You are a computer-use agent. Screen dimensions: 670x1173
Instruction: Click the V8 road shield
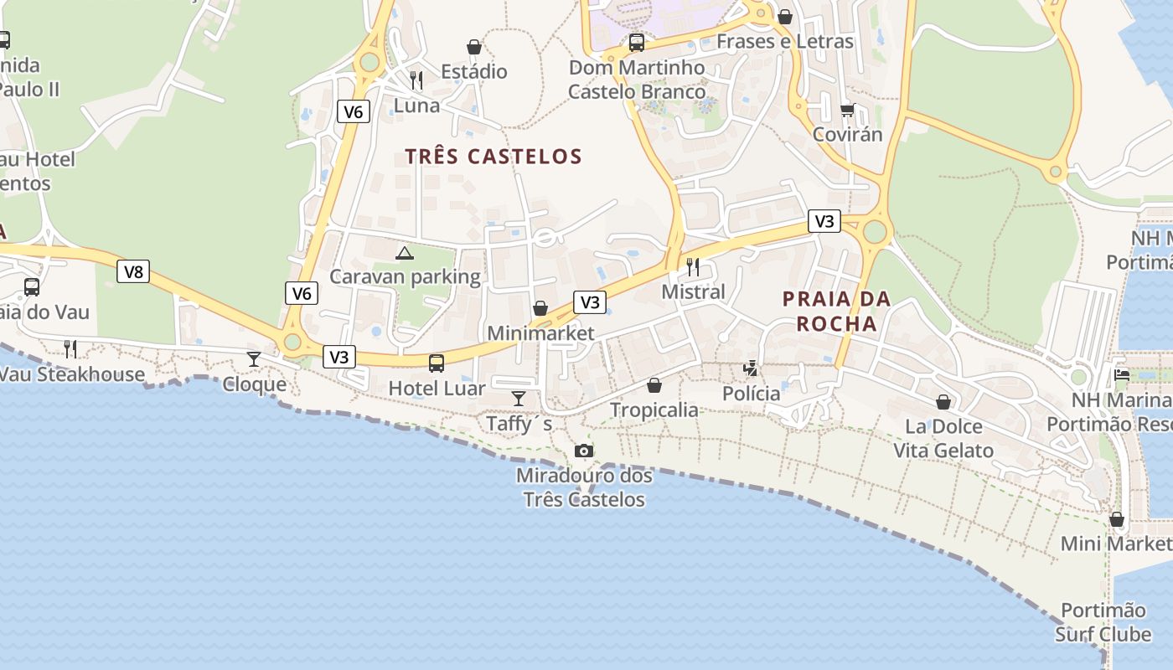pyautogui.click(x=133, y=271)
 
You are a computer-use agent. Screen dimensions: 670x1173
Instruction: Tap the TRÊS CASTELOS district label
pyautogui.click(x=493, y=157)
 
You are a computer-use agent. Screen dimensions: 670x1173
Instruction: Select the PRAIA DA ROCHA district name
pyautogui.click(x=836, y=311)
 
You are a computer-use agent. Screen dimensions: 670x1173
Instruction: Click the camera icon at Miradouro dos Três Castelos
pyautogui.click(x=584, y=451)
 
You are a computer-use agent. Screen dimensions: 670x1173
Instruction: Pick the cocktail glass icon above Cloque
pyautogui.click(x=254, y=359)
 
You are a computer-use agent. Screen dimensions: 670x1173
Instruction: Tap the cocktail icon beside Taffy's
pyautogui.click(x=519, y=398)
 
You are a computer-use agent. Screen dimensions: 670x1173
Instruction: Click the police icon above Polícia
pyautogui.click(x=751, y=368)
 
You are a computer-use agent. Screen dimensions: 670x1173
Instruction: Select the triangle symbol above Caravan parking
pyautogui.click(x=405, y=252)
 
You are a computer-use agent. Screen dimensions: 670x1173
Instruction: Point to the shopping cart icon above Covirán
pyautogui.click(x=847, y=110)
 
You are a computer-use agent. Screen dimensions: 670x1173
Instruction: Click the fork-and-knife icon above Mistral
pyautogui.click(x=693, y=267)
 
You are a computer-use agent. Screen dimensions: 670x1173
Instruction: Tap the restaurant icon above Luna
pyautogui.click(x=416, y=80)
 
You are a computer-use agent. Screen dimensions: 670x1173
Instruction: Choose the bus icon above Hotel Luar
pyautogui.click(x=437, y=363)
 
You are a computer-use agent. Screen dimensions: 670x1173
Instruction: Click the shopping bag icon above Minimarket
pyautogui.click(x=540, y=308)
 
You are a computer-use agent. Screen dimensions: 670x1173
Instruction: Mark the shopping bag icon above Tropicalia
pyautogui.click(x=654, y=385)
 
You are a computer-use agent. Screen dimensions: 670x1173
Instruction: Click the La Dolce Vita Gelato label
pyautogui.click(x=943, y=438)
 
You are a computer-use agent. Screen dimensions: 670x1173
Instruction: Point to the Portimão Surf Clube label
pyautogui.click(x=1103, y=622)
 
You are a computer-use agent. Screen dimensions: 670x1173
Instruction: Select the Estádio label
pyautogui.click(x=474, y=72)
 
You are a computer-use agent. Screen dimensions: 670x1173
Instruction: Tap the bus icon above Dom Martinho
pyautogui.click(x=637, y=43)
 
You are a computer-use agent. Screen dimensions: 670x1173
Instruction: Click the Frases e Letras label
pyautogui.click(x=785, y=42)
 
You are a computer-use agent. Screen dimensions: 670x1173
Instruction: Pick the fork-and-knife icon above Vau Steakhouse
pyautogui.click(x=70, y=349)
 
